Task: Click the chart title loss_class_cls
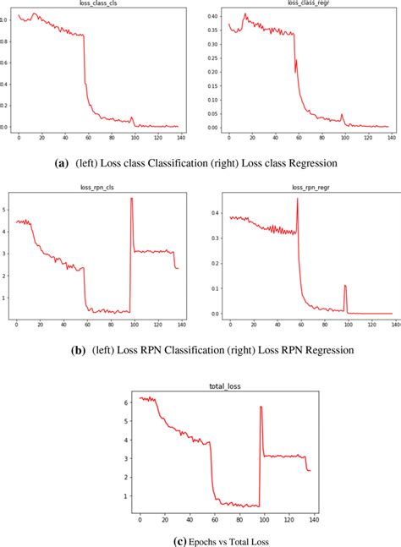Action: tap(96, 4)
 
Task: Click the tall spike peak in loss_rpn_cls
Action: tap(132, 198)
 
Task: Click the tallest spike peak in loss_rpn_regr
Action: tap(297, 200)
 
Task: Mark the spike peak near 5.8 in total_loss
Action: tap(261, 408)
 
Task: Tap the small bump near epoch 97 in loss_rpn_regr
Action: tap(345, 286)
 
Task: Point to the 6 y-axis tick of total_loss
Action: tap(128, 402)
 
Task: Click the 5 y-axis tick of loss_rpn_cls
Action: tap(6, 208)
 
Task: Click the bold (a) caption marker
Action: tap(60, 161)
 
